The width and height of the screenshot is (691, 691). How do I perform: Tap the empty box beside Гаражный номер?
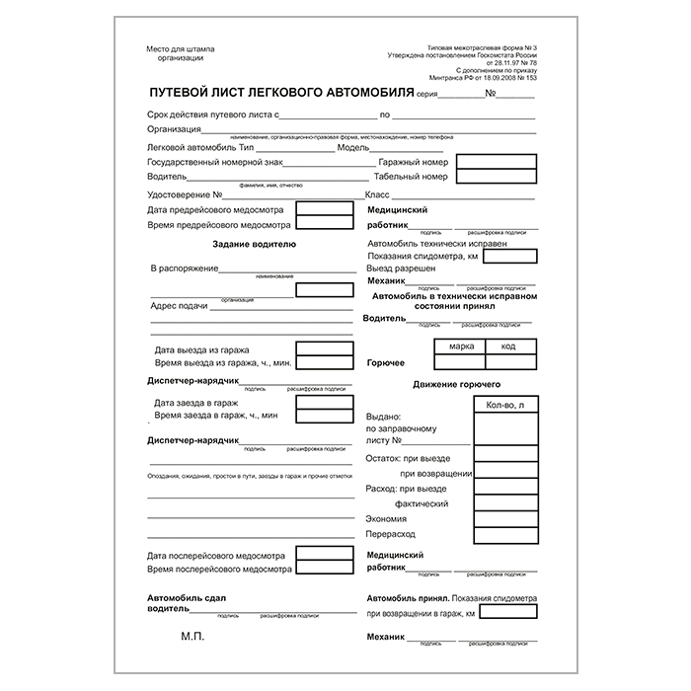tap(499, 161)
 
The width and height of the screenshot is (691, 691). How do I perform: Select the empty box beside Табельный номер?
tap(499, 178)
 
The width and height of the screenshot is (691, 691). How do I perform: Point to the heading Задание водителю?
tap(248, 244)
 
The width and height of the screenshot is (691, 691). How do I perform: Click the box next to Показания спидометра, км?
tap(509, 256)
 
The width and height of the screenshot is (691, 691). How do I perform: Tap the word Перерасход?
tap(392, 534)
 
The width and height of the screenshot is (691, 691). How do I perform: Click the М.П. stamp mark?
tap(191, 640)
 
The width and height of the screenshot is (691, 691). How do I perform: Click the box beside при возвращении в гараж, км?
tap(509, 613)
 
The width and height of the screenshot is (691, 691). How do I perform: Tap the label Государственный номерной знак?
tap(215, 161)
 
